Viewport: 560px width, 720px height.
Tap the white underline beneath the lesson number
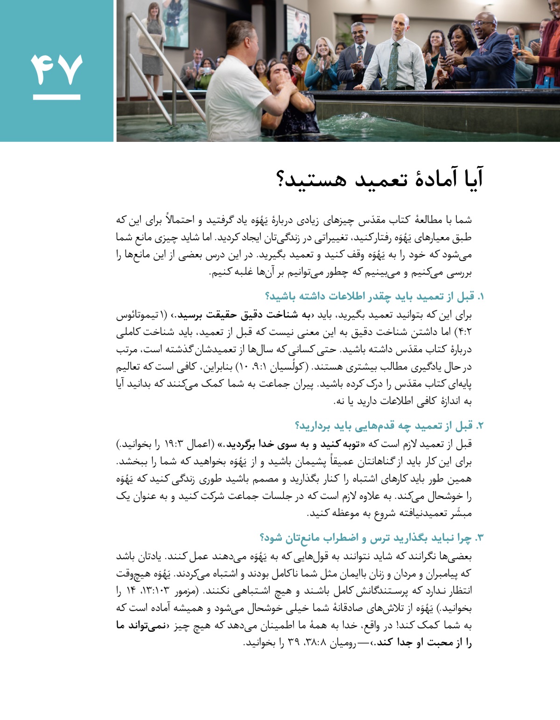56,98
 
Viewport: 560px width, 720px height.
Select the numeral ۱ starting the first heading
481,297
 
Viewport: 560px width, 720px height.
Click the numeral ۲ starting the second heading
481,426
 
